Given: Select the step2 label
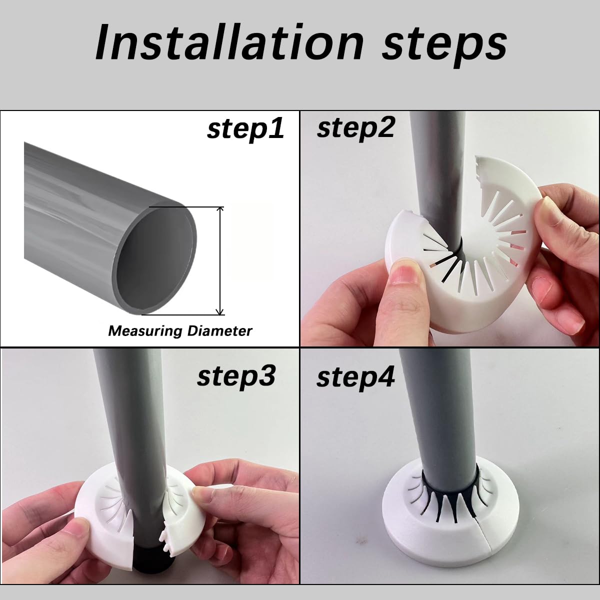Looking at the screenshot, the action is pos(355,128).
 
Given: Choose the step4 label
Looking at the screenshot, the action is pos(355,377).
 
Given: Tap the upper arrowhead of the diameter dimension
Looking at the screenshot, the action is pos(220,209).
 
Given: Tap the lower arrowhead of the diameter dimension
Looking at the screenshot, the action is pos(220,311).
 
